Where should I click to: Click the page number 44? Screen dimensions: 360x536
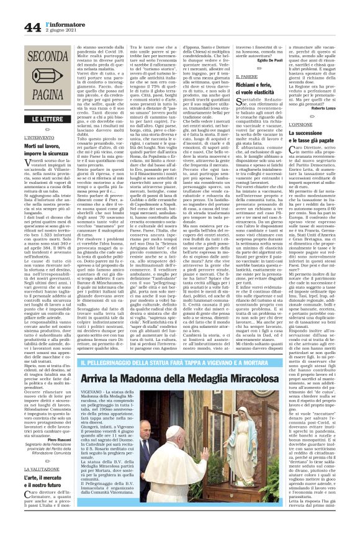click(33, 27)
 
